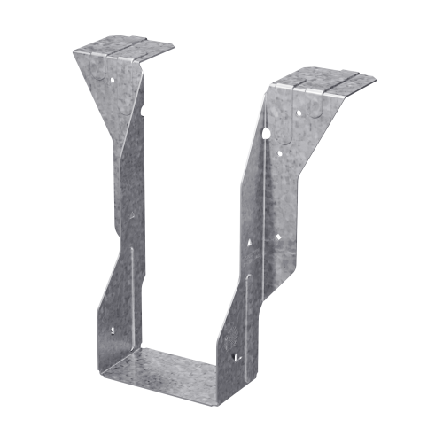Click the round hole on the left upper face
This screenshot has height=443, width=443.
(x=113, y=79)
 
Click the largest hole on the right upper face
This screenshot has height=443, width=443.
(x=281, y=152)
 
